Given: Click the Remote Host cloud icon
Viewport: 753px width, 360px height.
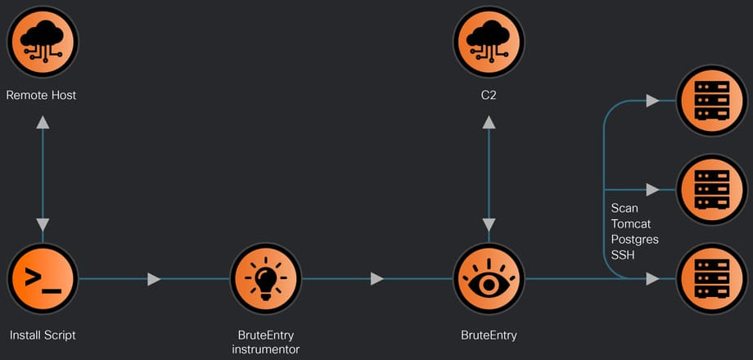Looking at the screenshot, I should pos(43,42).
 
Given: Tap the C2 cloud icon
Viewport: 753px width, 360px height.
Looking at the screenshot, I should pos(489,42).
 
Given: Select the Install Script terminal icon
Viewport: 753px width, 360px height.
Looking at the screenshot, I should pos(43,279).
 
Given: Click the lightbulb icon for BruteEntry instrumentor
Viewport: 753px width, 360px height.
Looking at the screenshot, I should pos(265,279).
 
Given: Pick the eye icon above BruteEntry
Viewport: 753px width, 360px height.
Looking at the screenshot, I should pos(489,279).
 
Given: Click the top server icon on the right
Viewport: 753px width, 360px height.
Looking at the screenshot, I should pos(710,101).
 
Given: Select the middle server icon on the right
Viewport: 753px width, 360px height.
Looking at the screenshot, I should pos(710,190).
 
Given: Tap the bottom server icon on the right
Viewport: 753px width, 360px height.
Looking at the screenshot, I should pos(710,279).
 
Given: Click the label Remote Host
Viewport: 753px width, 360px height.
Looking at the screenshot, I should pos(41,95).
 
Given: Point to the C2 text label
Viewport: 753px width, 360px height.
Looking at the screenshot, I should pos(489,95).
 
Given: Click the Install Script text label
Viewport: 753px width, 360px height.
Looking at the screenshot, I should pos(43,335).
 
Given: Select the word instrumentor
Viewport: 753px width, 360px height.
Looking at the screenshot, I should pos(265,349).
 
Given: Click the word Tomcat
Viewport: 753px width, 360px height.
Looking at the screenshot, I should pos(631,223).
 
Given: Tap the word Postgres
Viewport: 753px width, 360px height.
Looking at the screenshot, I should pos(634,239).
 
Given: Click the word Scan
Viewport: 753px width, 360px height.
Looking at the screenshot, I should pos(624,208).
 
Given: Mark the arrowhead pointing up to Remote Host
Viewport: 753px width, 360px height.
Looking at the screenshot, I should pos(43,122).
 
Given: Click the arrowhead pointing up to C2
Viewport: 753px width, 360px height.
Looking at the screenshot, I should pos(489,122).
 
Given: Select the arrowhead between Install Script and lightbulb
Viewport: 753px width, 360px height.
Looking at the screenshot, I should pos(154,279).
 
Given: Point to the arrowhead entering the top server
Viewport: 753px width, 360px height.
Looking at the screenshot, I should pos(652,101).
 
